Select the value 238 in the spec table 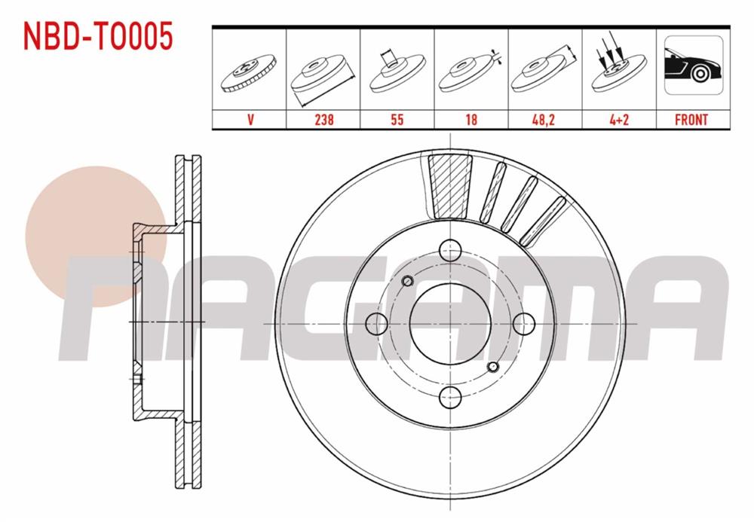[x=323, y=120]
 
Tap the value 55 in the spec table [x=397, y=120]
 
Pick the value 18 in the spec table [x=470, y=120]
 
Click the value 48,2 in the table [x=544, y=120]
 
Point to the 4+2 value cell [x=618, y=120]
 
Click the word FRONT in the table [x=691, y=120]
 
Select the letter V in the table [x=250, y=120]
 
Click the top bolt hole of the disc [x=450, y=249]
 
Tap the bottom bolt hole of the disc [x=450, y=396]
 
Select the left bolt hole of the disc [x=375, y=323]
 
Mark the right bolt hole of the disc [x=523, y=323]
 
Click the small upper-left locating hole [x=408, y=281]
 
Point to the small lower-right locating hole [x=492, y=366]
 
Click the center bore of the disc [x=450, y=323]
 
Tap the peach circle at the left [x=94, y=229]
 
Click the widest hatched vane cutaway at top [x=449, y=185]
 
